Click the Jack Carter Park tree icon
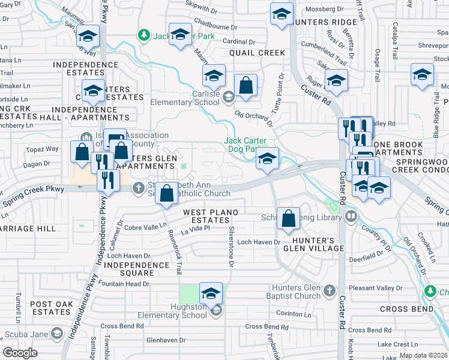143,35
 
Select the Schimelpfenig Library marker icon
350,217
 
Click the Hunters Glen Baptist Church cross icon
328,291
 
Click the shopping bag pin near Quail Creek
246,86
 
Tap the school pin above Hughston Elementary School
211,293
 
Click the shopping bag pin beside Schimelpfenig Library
289,220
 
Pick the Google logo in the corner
20,353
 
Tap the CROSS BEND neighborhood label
406,308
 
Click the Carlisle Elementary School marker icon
228,96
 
